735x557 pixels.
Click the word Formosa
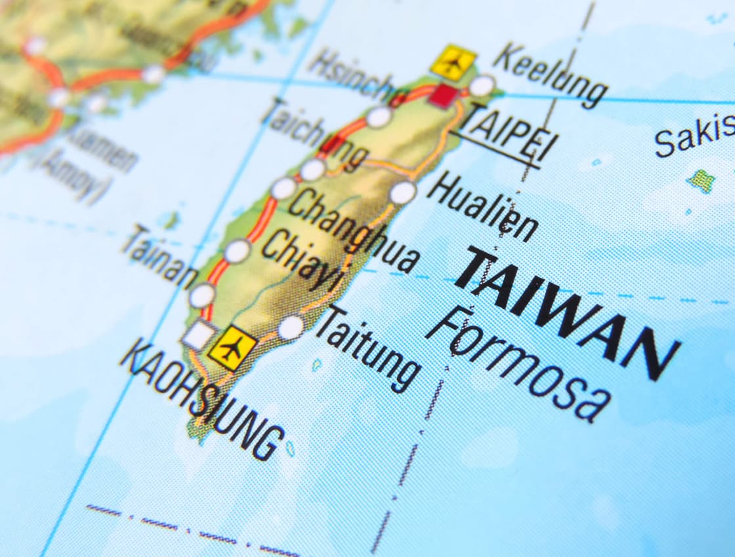click(x=519, y=364)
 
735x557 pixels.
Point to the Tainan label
click(x=159, y=256)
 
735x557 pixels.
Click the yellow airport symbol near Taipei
click(x=453, y=62)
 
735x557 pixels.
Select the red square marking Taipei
click(x=444, y=95)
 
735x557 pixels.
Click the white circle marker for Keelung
click(x=481, y=86)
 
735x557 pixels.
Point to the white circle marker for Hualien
click(x=402, y=192)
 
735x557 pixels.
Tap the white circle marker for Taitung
click(x=291, y=327)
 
